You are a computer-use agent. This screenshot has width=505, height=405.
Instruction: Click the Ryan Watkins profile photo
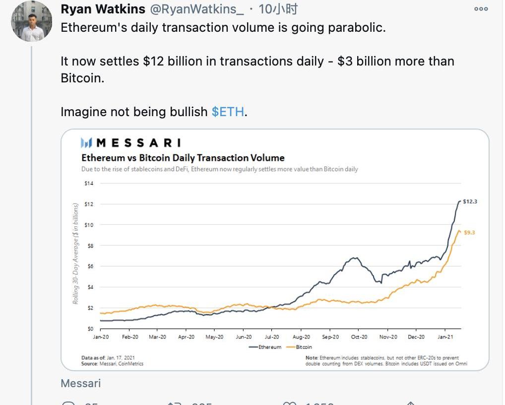point(32,21)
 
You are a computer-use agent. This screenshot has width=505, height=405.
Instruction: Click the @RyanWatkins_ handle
point(196,9)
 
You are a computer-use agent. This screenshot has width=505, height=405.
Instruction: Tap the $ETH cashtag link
point(228,112)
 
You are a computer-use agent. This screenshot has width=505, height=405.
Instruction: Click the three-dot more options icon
point(481,9)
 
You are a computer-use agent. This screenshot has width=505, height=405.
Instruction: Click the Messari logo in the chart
point(130,143)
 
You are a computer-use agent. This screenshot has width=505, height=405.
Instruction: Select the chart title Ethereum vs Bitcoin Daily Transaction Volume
point(183,158)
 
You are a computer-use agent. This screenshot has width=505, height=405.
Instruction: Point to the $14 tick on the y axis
point(89,183)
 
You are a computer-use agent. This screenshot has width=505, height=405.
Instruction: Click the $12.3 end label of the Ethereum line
point(469,202)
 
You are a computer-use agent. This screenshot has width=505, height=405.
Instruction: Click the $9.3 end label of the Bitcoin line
point(469,232)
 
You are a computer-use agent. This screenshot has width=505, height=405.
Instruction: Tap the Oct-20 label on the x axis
point(359,337)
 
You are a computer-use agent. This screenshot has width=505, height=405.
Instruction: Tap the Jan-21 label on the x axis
point(445,337)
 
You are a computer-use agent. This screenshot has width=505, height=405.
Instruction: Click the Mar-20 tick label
point(157,337)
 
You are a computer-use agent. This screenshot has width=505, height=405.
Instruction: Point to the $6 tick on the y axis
point(90,266)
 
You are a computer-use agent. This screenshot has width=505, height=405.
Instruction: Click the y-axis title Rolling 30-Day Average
point(75,253)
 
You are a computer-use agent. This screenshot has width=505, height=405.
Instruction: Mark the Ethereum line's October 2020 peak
point(354,258)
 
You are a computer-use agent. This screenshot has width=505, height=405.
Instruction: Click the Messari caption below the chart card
point(80,383)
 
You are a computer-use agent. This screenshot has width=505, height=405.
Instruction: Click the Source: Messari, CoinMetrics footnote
point(112,364)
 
